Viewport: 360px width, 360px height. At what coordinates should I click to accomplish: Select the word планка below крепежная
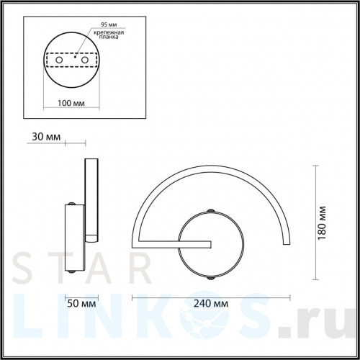pos(106,40)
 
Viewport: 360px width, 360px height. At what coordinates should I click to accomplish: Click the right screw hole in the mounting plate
pos(90,61)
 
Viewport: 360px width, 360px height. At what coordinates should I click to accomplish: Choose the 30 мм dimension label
pos(45,136)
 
